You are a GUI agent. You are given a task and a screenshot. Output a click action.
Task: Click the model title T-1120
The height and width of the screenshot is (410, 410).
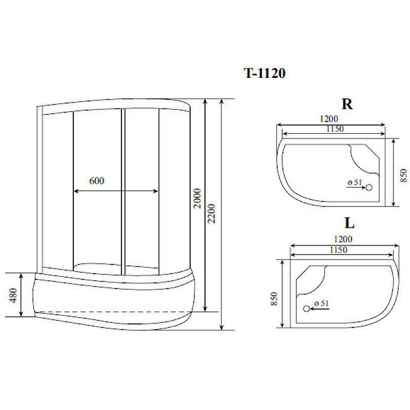[x=264, y=73]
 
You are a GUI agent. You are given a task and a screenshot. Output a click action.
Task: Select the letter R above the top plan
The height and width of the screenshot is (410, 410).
[x=347, y=104]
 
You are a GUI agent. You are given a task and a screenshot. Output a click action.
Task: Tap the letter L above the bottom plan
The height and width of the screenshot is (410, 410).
[x=350, y=223]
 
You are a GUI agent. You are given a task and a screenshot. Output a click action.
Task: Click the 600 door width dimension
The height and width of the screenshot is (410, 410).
[x=97, y=181]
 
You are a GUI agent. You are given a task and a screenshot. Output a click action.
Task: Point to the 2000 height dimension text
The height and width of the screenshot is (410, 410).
[x=197, y=198]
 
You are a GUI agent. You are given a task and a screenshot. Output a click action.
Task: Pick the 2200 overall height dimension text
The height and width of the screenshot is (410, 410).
[x=211, y=214]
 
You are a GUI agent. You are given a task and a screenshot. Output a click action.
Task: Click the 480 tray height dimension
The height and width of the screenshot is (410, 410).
[x=13, y=295]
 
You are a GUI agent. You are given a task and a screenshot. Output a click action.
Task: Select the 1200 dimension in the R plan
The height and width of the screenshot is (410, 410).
[x=329, y=119]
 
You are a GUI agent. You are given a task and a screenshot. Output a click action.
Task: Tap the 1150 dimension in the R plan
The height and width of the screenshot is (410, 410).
[x=335, y=129]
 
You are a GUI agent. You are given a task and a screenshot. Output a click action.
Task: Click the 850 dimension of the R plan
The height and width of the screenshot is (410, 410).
[x=403, y=175]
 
